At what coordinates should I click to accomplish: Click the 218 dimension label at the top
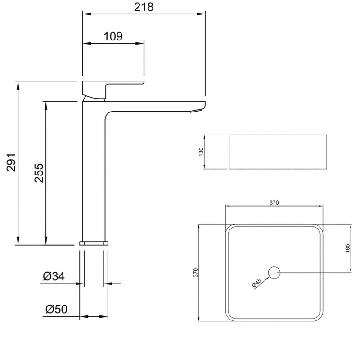(144, 7)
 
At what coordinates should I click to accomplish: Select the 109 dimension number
(113, 36)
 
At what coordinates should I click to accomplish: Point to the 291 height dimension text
(11, 162)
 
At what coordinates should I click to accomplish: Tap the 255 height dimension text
(39, 173)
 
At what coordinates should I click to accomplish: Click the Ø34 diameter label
(54, 276)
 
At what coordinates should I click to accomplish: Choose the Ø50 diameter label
(57, 309)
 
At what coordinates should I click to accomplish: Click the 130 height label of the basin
(201, 152)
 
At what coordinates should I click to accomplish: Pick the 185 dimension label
(347, 248)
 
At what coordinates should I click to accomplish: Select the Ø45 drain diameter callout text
(256, 283)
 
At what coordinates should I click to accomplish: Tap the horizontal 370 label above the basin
(274, 202)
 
